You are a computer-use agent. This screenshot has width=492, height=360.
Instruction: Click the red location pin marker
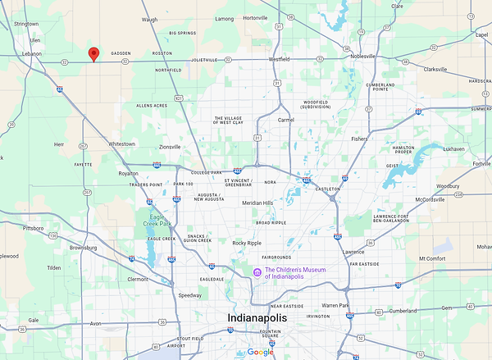click(93, 54)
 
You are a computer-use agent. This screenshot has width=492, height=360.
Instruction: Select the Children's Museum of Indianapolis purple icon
click(257, 272)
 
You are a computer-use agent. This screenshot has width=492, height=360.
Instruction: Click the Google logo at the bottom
click(260, 352)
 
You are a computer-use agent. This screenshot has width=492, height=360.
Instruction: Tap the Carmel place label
click(285, 120)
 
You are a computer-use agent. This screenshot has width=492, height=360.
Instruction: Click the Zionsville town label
click(170, 147)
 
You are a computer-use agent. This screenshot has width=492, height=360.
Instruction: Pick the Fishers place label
click(359, 139)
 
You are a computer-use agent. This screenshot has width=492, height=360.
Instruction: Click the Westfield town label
click(279, 59)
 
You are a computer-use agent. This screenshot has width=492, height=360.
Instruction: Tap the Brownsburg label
click(89, 247)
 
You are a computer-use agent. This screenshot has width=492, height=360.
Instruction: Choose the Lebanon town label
click(31, 53)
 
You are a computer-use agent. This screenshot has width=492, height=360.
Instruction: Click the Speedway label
click(189, 295)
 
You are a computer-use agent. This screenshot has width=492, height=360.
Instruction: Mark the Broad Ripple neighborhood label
click(271, 223)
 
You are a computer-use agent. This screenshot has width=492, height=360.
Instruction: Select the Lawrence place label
click(353, 252)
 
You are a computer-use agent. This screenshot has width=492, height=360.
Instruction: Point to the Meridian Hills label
click(257, 203)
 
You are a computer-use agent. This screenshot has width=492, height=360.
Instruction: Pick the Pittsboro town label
click(33, 228)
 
